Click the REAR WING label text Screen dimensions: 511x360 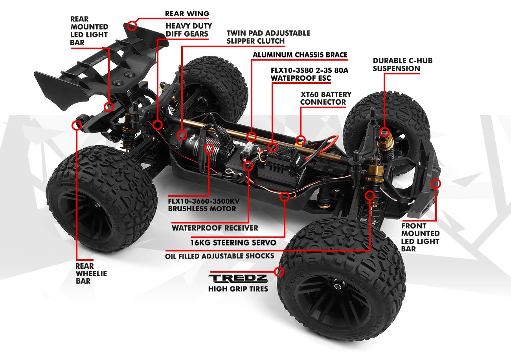coord(187,14)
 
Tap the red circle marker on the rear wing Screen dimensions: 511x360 coord(132,26)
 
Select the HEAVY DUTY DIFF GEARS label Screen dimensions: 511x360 coord(189,30)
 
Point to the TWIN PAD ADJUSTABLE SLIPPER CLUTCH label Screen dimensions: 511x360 coord(268,37)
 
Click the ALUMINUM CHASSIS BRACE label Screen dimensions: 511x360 coord(300,55)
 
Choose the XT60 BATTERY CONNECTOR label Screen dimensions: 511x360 coord(326,98)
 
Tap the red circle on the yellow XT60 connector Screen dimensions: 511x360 coord(301,140)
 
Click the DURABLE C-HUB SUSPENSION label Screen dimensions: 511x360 coord(403,65)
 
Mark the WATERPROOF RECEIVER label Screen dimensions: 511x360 coord(215,228)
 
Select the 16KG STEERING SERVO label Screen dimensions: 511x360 coord(233,242)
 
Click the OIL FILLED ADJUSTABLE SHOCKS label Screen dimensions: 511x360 coord(219,256)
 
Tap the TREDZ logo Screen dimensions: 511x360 coord(238,279)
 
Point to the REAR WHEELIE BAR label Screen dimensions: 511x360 coord(91,273)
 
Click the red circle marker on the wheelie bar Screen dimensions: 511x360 coord(77,125)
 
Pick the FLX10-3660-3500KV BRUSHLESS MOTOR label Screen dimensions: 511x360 coord(204,205)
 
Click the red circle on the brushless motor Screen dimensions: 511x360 coord(208,149)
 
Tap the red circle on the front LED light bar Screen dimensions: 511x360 coord(436,183)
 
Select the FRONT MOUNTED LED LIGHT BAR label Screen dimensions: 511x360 coord(420,237)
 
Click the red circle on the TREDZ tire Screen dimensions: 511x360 coord(279,271)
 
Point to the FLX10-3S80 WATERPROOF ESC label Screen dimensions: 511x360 coord(310,74)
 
